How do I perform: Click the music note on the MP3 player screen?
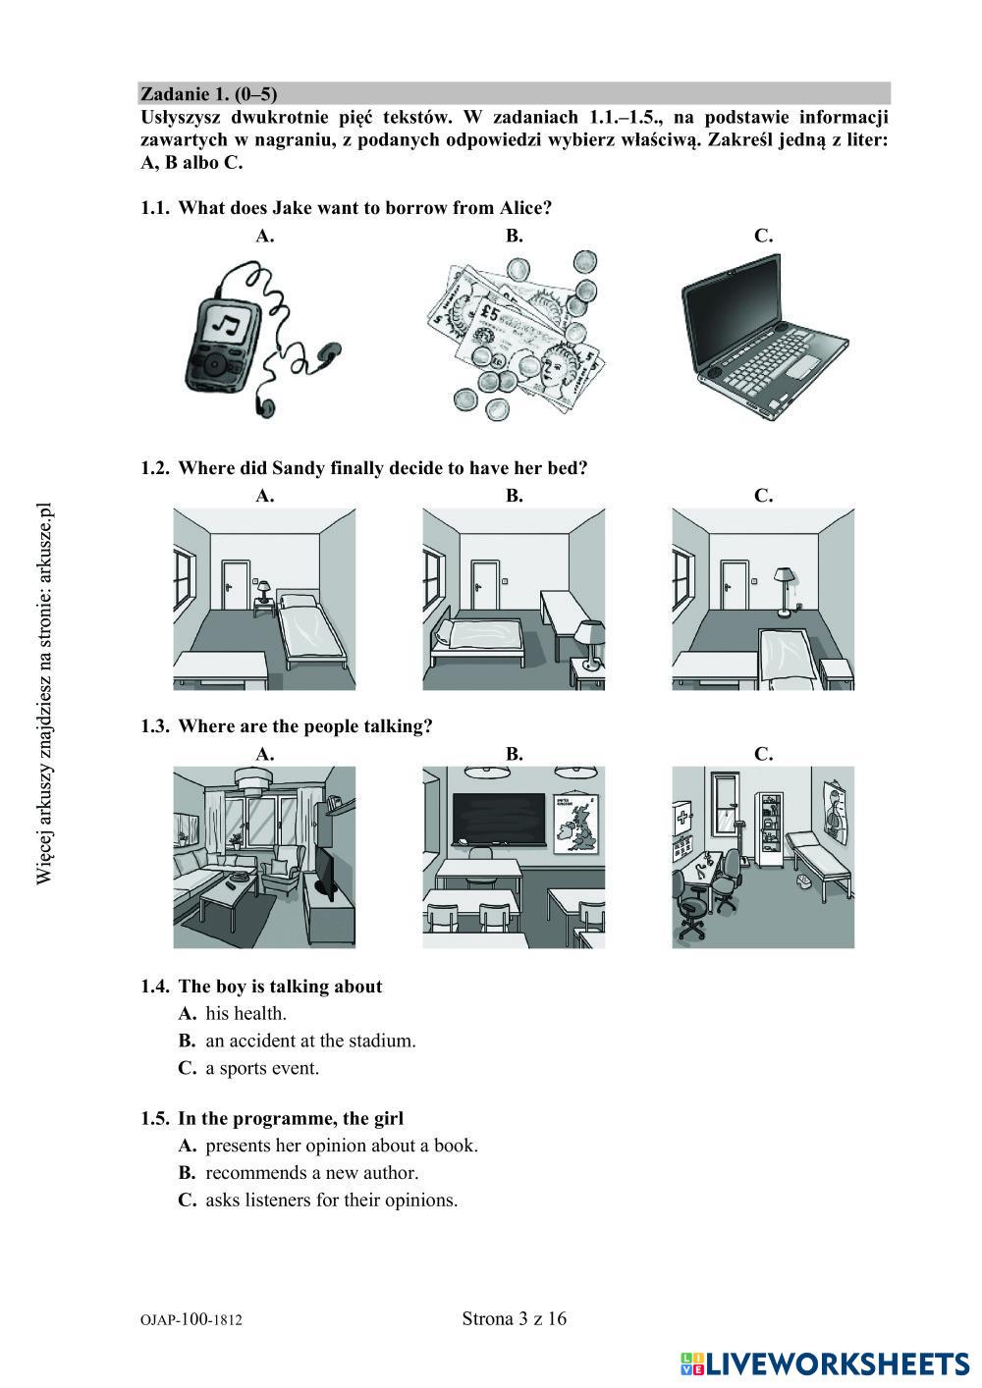228,322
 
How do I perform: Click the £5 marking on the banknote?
489,314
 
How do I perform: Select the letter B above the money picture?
514,236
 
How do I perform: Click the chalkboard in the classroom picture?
499,820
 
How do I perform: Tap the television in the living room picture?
328,874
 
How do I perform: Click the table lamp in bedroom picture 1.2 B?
588,644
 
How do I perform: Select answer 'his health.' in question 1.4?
246,1013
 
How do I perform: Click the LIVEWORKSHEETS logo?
825,1365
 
